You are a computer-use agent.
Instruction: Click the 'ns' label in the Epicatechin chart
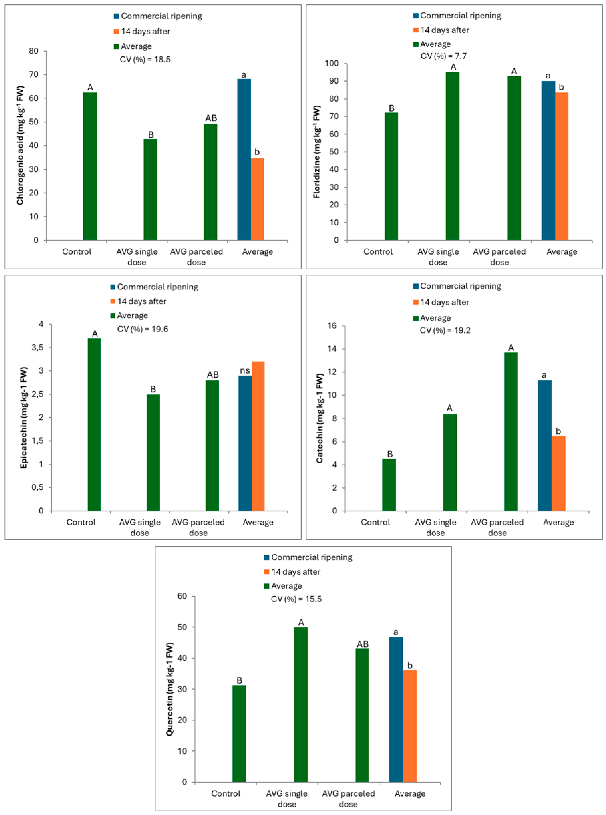tap(245, 370)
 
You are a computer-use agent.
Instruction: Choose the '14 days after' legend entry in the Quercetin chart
tap(295, 572)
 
